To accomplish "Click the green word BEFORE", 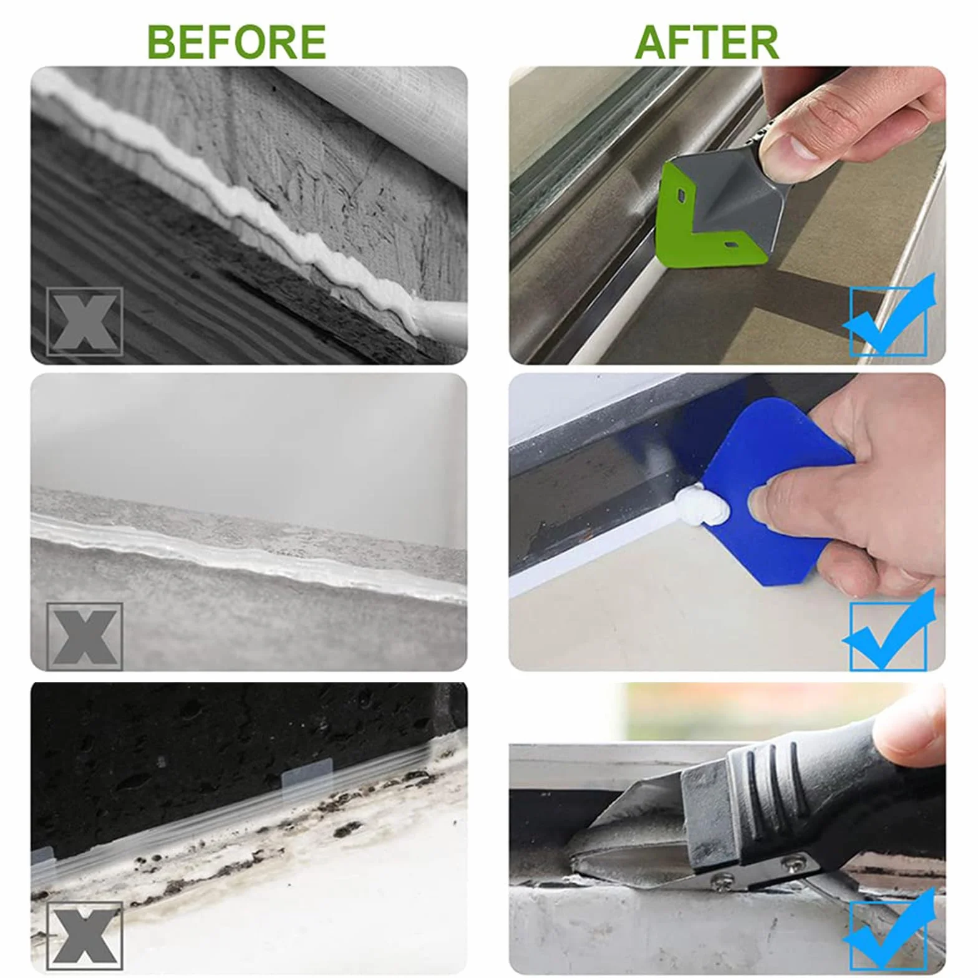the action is tap(236, 42).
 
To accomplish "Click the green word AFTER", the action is tap(707, 42).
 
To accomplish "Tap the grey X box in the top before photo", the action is tap(84, 322).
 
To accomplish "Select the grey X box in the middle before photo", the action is tap(84, 636).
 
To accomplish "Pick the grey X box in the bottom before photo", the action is tap(84, 936).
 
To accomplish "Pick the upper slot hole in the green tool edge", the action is tap(679, 194).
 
